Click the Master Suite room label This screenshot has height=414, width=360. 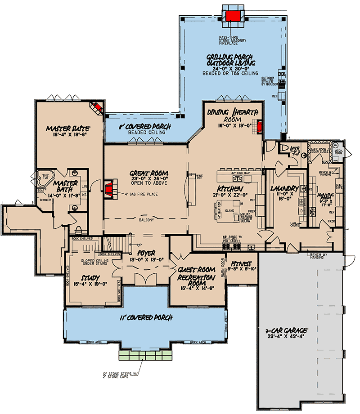coord(67,129)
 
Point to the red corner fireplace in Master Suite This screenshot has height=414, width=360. coord(96,107)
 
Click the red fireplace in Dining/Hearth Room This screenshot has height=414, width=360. coord(260,127)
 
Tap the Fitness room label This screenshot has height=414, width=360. coord(241,264)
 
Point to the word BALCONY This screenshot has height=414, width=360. coord(146,220)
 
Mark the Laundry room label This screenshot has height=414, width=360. coord(285,188)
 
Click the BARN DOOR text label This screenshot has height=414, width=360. coord(222,266)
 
